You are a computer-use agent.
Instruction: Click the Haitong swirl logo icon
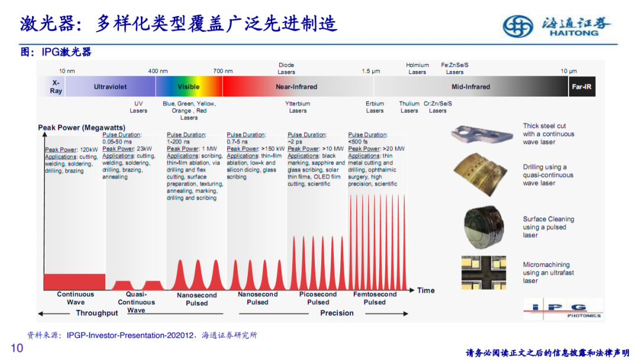tap(518, 27)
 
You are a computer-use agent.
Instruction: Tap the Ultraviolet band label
tap(110, 87)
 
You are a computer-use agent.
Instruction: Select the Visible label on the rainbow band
tap(189, 87)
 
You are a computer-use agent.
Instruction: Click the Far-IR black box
tap(582, 86)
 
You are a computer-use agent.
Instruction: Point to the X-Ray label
tap(56, 87)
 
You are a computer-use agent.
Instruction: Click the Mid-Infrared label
tap(471, 87)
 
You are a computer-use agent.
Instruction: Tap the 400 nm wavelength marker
tap(158, 71)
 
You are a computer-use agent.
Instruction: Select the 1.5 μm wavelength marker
tap(371, 71)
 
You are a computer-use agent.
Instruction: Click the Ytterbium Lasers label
tap(298, 107)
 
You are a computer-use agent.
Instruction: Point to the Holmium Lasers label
tap(417, 69)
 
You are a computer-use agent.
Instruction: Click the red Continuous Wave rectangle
tap(75, 282)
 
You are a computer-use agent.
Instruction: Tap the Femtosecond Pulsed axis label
tap(375, 298)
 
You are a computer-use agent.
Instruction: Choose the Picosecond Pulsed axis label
tap(318, 298)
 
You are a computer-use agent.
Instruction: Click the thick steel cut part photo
tap(482, 134)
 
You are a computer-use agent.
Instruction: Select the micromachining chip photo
tap(484, 273)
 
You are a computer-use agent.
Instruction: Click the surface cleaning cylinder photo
tap(484, 227)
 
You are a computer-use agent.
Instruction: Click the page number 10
tap(17, 348)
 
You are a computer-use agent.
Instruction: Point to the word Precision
tap(337, 313)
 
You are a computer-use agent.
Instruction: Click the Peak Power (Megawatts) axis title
tap(82, 128)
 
